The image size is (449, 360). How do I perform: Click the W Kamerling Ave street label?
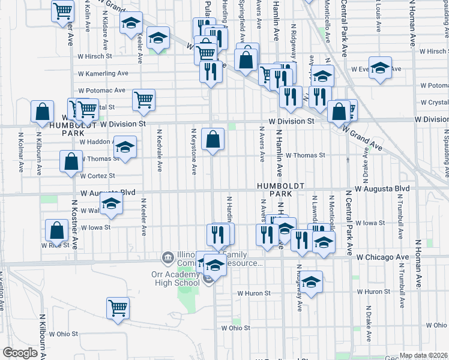tap(103, 73)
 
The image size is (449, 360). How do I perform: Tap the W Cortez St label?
tap(96, 176)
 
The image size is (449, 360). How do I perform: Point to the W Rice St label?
tap(52, 245)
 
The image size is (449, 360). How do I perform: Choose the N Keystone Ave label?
tap(194, 151)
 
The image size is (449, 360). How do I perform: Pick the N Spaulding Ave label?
tap(445, 151)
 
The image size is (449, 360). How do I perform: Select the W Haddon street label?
tap(95, 142)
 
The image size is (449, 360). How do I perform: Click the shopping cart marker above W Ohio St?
tap(118, 308)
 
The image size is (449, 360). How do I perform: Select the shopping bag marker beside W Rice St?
tap(56, 230)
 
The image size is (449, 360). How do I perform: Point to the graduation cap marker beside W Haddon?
tap(124, 147)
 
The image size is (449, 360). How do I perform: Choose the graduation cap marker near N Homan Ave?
tap(380, 68)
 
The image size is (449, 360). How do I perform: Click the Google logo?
tap(20, 353)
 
